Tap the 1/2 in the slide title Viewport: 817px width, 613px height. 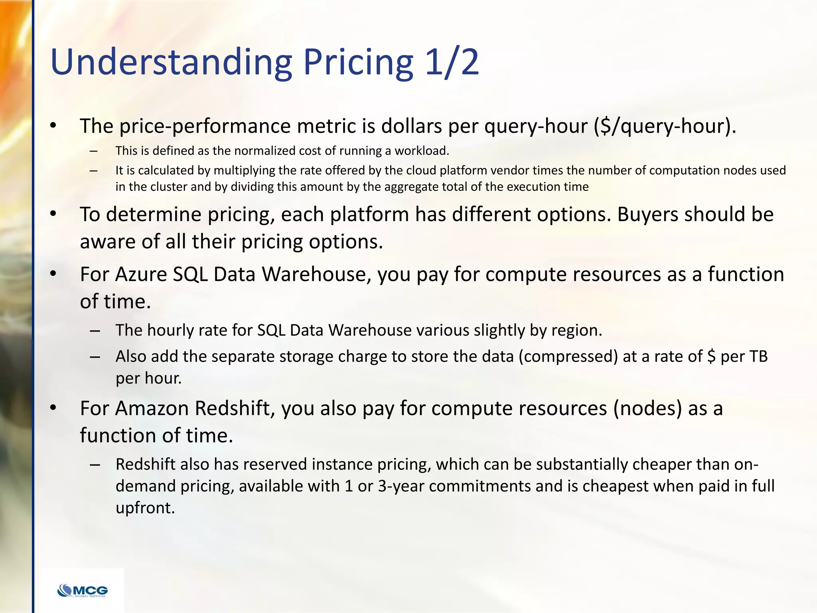click(452, 62)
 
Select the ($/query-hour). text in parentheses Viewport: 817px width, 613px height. click(665, 126)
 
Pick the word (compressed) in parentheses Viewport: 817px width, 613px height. click(568, 356)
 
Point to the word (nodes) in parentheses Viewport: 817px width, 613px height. click(647, 408)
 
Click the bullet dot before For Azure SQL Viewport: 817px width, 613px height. click(53, 275)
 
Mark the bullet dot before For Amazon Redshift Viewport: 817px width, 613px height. click(53, 408)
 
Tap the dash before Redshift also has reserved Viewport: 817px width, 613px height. click(95, 465)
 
